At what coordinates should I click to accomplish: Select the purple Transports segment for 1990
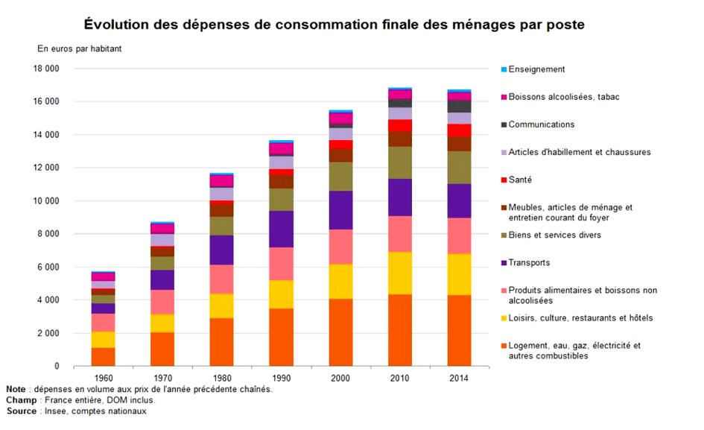coord(281,229)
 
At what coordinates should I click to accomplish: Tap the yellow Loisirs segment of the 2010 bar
coord(400,273)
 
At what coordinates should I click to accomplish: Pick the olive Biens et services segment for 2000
coord(340,176)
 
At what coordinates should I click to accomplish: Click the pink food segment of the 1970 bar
coord(162,302)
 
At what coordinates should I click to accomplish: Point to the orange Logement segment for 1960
coord(103,356)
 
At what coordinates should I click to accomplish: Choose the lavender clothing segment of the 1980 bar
coord(221,194)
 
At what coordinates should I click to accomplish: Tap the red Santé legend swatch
coord(504,180)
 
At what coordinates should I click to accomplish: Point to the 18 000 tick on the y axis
coord(46,69)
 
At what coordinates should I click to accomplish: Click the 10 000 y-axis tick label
coord(46,200)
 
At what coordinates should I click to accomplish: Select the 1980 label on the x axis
coord(221,377)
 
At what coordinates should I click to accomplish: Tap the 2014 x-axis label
coord(459,377)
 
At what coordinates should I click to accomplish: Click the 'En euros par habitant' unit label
coord(80,49)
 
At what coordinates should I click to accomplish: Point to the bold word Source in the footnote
coord(22,411)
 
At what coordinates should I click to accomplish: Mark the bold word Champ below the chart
coord(21,400)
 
